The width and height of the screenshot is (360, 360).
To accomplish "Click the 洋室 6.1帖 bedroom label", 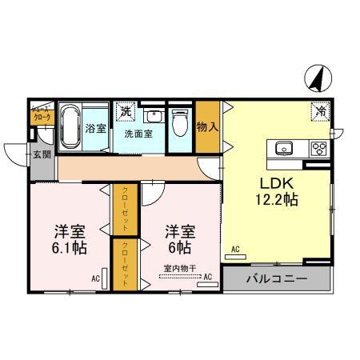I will tap(69, 239).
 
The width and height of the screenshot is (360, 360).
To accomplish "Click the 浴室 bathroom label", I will tap(95, 127).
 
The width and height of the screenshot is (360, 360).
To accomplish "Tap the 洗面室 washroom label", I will tap(138, 134).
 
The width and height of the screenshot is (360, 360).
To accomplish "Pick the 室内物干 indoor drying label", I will tap(179, 268).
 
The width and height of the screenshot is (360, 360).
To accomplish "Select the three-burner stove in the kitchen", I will tap(318, 148).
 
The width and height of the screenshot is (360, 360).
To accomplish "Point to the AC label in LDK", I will tap(236, 250).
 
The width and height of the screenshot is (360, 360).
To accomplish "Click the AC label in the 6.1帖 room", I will tap(94, 278).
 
